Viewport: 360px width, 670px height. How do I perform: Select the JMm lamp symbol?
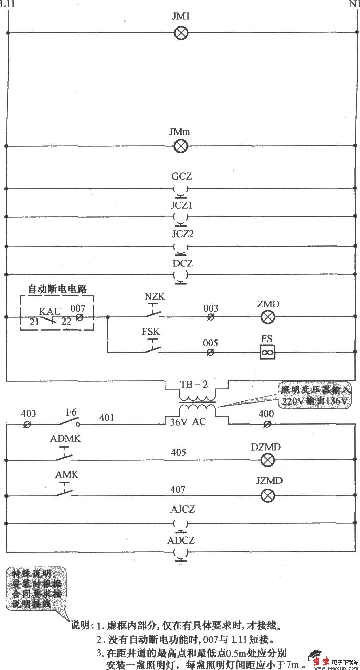[180, 146]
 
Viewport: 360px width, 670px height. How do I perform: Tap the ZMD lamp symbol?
[267, 317]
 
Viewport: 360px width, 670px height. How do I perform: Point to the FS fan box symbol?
[267, 352]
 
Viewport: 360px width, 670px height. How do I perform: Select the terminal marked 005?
[210, 352]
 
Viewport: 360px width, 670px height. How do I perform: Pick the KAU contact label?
[50, 311]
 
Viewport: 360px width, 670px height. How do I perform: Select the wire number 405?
[178, 452]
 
